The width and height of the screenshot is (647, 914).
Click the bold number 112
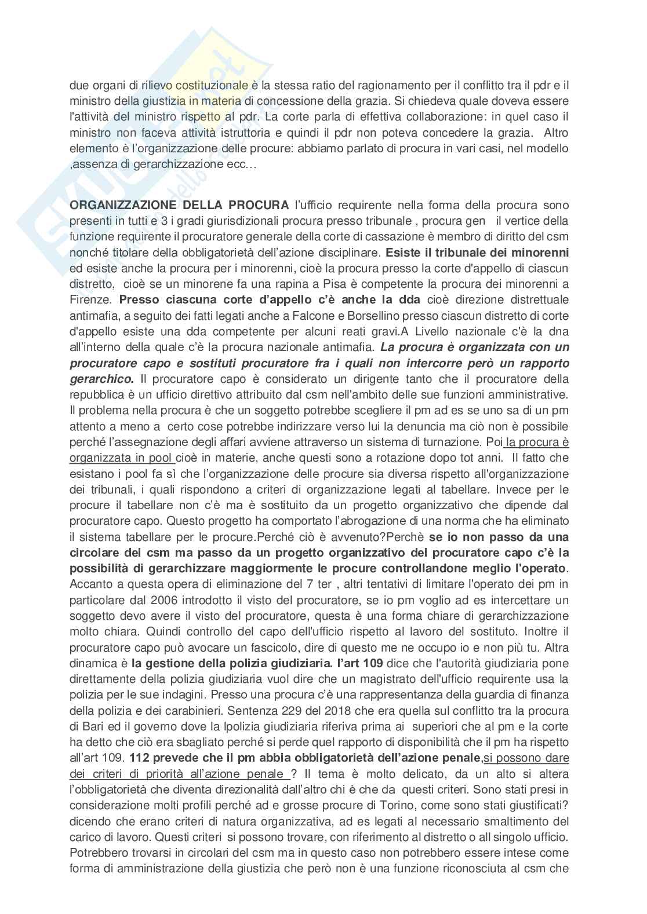(x=140, y=758)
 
